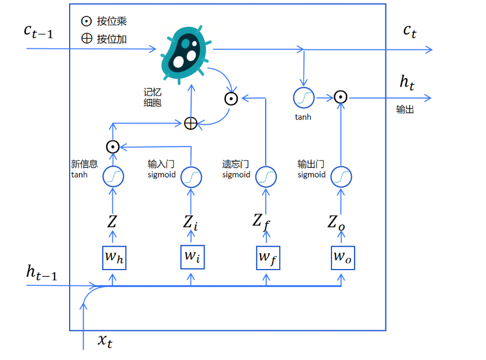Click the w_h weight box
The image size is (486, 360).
tap(113, 257)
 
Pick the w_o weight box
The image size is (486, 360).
tap(342, 257)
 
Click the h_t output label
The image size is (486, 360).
tap(407, 83)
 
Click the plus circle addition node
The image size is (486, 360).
tap(191, 123)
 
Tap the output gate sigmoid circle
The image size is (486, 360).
tap(340, 177)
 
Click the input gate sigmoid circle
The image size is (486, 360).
tap(191, 177)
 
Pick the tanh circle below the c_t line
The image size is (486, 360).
tap(303, 98)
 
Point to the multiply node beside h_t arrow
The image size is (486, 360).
tap(340, 97)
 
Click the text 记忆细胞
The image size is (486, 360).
tap(152, 97)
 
